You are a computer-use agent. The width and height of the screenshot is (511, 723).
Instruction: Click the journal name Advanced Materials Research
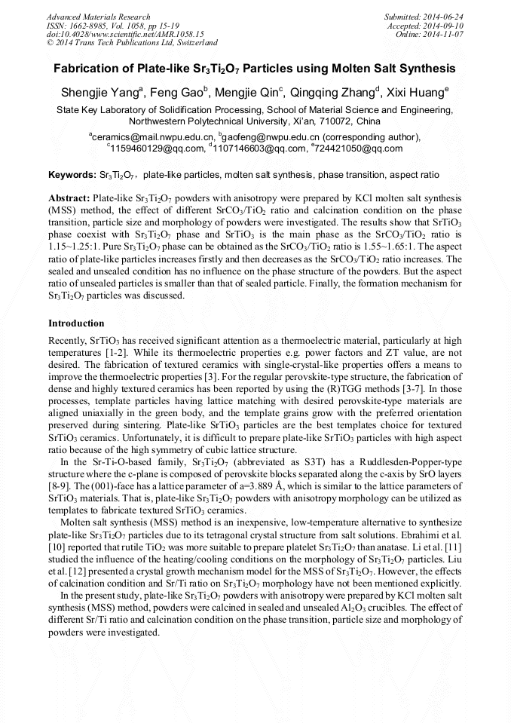click(98, 17)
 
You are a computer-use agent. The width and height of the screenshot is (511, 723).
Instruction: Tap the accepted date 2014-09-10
click(444, 26)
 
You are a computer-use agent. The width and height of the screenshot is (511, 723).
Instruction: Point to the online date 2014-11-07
click(444, 35)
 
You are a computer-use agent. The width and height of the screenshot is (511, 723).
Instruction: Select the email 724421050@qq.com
click(356, 149)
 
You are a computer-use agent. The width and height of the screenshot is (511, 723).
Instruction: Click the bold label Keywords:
click(72, 174)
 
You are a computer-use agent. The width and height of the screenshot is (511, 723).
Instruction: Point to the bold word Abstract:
click(69, 196)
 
